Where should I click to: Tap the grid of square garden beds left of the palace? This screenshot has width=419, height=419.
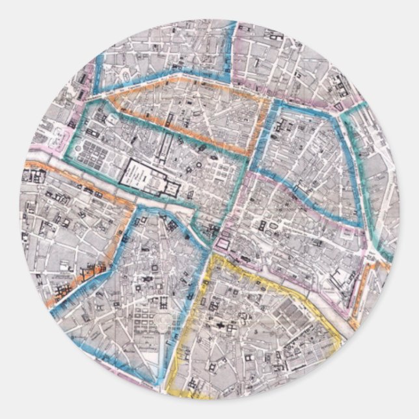click(x=91, y=154)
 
